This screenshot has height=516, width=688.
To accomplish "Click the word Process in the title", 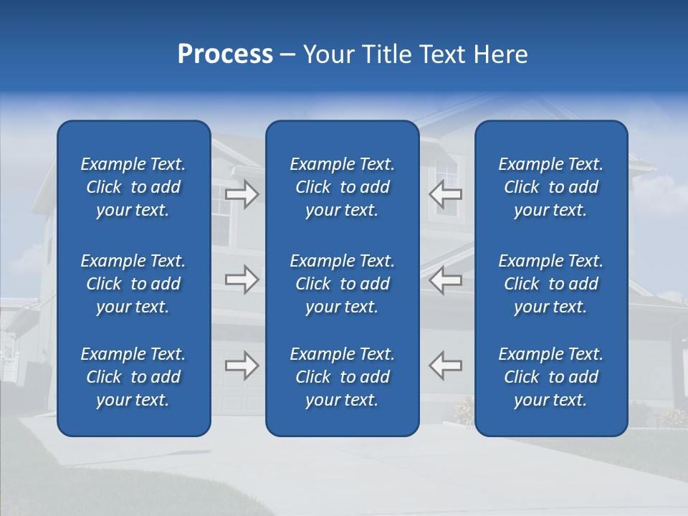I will [x=225, y=54].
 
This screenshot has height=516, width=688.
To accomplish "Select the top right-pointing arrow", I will [x=242, y=194].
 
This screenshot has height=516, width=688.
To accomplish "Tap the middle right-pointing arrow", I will [x=242, y=279].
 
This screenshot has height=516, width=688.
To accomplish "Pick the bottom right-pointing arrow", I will [x=242, y=365].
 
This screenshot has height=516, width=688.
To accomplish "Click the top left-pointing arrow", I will [x=445, y=194].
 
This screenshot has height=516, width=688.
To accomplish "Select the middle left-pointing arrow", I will [x=445, y=279].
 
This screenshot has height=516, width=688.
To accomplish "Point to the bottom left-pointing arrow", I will [x=445, y=365].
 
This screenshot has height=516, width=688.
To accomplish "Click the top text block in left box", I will [x=133, y=187].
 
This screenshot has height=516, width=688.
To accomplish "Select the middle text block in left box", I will [x=133, y=284].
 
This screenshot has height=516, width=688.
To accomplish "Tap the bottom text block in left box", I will [x=133, y=377].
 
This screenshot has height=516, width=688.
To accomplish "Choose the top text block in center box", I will [x=342, y=187].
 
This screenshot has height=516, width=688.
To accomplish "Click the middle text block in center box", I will [x=342, y=284].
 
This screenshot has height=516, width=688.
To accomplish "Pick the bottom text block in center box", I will [x=342, y=377].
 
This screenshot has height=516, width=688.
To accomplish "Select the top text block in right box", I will [x=550, y=187].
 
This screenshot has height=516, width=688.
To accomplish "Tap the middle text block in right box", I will [x=550, y=284].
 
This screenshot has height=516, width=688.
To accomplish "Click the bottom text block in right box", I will [x=550, y=377].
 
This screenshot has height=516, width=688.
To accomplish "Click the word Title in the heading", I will [x=385, y=54].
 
